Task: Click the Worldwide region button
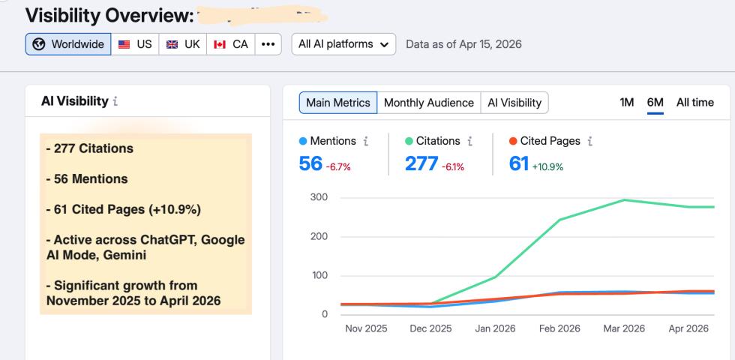[x=68, y=44]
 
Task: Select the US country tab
[x=135, y=44]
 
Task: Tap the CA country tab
[x=230, y=44]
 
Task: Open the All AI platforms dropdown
[x=343, y=44]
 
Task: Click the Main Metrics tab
[x=337, y=103]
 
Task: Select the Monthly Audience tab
[x=428, y=103]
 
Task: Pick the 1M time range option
[x=627, y=103]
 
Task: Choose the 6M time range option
[x=655, y=103]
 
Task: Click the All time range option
[x=695, y=103]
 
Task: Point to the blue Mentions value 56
[x=310, y=163]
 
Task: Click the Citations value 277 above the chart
[x=421, y=163]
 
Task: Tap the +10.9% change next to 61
[x=548, y=166]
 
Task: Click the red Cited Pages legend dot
[x=513, y=141]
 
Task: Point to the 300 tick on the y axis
[x=318, y=197]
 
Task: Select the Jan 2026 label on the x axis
[x=494, y=329]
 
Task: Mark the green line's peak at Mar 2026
[x=624, y=200]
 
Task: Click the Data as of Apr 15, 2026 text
[x=463, y=44]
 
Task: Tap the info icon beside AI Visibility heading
[x=115, y=102]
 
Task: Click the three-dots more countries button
[x=266, y=44]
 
